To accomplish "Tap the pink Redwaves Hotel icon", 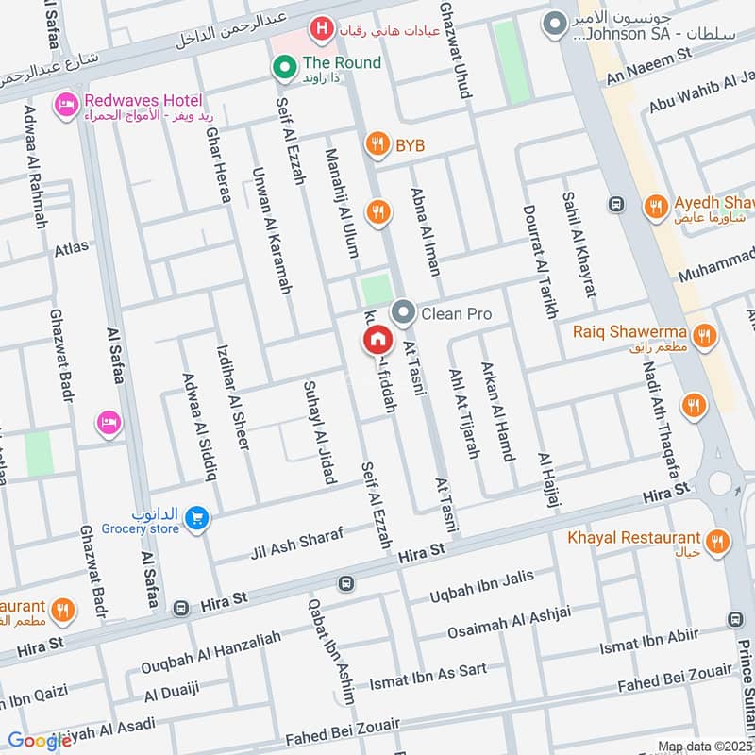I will (x=66, y=104).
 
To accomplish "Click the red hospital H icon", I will (x=323, y=29).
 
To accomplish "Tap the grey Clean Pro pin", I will (x=404, y=312).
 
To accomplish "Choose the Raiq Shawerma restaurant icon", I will (x=703, y=335).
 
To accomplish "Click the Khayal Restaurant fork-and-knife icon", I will (x=718, y=541).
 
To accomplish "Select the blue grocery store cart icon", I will (x=196, y=517).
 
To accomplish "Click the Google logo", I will (x=40, y=741).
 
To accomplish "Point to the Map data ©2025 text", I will (x=703, y=747).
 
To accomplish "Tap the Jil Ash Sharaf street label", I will (x=294, y=544).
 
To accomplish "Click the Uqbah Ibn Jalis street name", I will (x=481, y=586).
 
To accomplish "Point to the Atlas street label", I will (x=72, y=248).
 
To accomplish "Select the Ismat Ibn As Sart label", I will (x=428, y=676).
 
